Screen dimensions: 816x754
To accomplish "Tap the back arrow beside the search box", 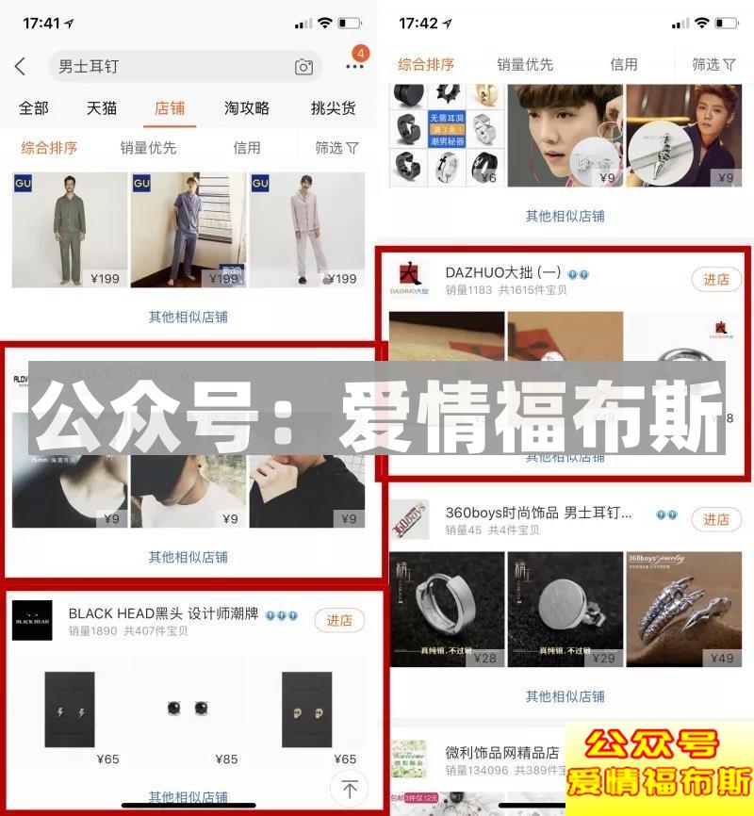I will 21,67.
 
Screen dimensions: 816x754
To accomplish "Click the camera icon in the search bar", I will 303,67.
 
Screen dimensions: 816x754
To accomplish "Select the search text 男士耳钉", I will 89,67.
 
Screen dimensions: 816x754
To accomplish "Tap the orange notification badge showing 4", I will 360,54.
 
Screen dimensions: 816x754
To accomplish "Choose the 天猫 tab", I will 102,108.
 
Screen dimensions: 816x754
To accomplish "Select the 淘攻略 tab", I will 247,108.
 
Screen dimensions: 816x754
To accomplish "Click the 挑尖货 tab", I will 333,108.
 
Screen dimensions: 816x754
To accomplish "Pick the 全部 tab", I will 34,108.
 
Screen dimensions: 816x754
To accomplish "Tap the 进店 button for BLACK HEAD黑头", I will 339,620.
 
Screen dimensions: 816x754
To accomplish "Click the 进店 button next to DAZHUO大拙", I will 716,280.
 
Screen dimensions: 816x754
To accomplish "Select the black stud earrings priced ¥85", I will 188,712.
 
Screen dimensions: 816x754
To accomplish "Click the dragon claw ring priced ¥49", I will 684,609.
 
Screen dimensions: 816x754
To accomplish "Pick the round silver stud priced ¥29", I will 565,609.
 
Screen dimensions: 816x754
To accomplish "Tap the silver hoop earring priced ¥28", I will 448,609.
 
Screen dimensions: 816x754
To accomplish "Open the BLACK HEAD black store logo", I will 32,620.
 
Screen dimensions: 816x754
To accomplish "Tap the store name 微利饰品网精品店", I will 502,753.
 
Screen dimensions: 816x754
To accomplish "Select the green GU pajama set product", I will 69,229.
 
